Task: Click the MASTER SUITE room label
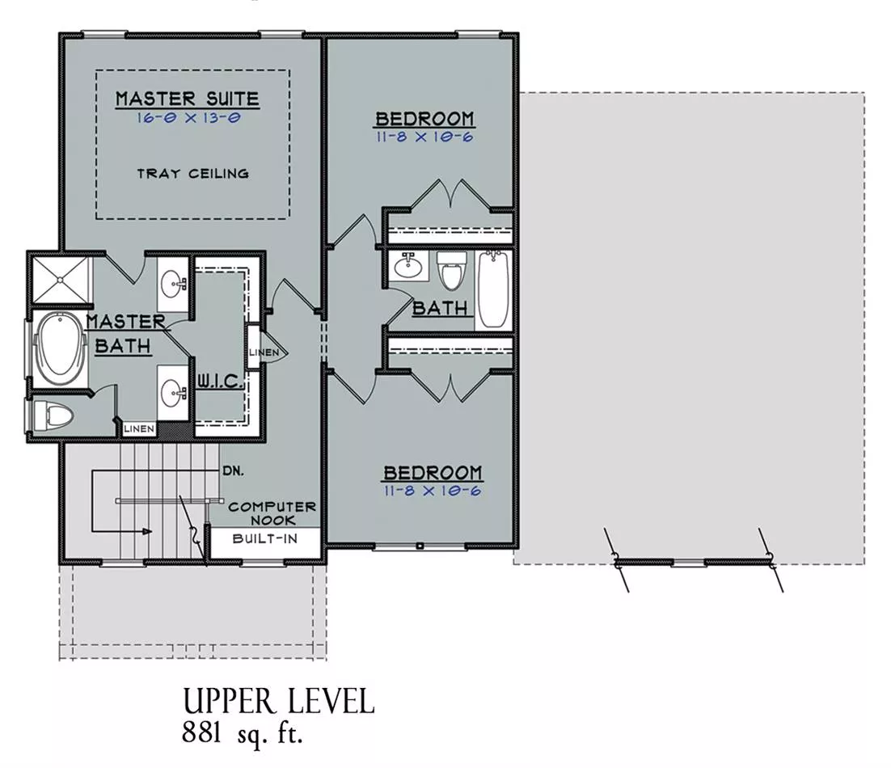point(187,99)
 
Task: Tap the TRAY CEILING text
point(192,174)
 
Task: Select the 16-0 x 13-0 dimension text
point(188,118)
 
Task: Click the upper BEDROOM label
point(425,119)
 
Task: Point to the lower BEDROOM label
point(433,473)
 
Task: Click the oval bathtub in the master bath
point(60,348)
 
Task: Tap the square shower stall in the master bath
point(60,280)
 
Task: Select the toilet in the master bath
point(53,416)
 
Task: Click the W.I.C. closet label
point(220,381)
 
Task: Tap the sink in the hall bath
point(408,266)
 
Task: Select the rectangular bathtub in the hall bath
point(492,290)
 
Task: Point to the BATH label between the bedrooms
point(440,308)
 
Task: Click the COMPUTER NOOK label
point(272,513)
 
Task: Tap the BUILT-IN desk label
point(265,538)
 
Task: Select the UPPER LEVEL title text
point(278,702)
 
